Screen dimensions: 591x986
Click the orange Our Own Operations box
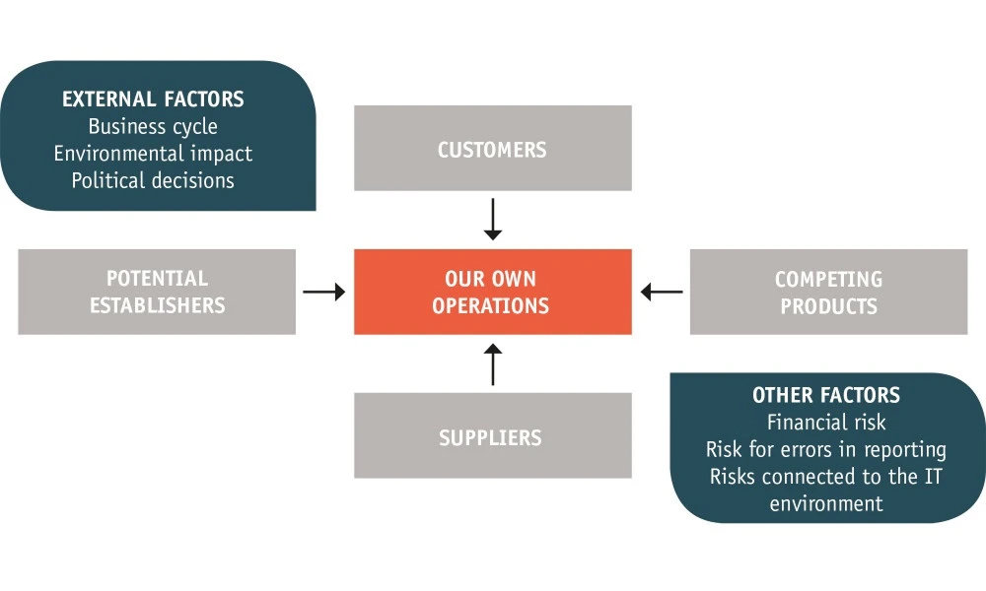pyautogui.click(x=493, y=292)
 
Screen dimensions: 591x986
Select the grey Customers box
pyautogui.click(x=493, y=149)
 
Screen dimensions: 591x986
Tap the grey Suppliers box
pyautogui.click(x=493, y=436)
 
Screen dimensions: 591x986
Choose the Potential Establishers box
pyautogui.click(x=157, y=292)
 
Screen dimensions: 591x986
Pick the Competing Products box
pyautogui.click(x=828, y=292)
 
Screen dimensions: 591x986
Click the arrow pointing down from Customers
pyautogui.click(x=493, y=220)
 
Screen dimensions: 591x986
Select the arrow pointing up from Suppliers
pyautogui.click(x=493, y=363)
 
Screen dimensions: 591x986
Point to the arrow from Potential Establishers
pyautogui.click(x=324, y=292)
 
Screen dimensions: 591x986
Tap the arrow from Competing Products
pyautogui.click(x=662, y=292)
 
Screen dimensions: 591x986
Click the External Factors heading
pyautogui.click(x=153, y=99)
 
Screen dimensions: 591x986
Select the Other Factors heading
pyautogui.click(x=826, y=395)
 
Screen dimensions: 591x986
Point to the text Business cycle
pyautogui.click(x=153, y=127)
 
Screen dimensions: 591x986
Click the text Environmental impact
pyautogui.click(x=153, y=154)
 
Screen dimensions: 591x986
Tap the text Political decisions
pyautogui.click(x=153, y=180)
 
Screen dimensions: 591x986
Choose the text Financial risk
pyautogui.click(x=826, y=423)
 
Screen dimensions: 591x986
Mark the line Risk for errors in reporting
pyautogui.click(x=826, y=449)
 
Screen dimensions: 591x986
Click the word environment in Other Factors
pyautogui.click(x=826, y=503)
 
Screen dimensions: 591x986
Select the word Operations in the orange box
pyautogui.click(x=493, y=305)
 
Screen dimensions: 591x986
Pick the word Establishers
pyautogui.click(x=157, y=305)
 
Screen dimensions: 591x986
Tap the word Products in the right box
pyautogui.click(x=828, y=305)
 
